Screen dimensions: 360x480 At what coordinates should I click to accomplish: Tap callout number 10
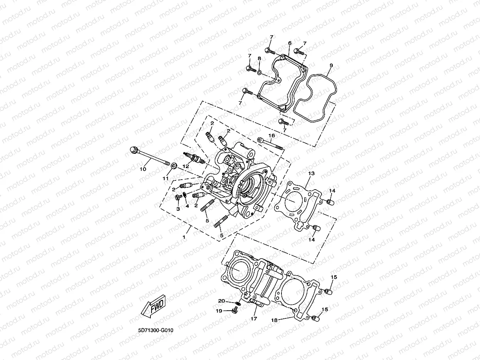click(x=143, y=169)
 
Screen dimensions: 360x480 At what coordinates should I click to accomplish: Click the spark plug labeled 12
click(x=195, y=158)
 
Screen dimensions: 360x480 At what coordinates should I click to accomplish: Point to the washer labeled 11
click(x=174, y=166)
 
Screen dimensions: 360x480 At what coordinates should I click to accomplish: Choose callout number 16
click(x=271, y=136)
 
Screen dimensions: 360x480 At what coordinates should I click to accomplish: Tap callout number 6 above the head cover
click(x=290, y=43)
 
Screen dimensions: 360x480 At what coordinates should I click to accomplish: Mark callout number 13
click(x=311, y=174)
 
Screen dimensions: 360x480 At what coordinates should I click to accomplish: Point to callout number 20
click(x=221, y=301)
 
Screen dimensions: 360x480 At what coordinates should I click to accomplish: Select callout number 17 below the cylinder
click(x=254, y=319)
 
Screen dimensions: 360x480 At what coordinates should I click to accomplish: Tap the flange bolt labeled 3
click(x=179, y=198)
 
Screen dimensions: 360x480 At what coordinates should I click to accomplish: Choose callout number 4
click(x=187, y=206)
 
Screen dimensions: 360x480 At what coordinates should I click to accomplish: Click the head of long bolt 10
click(x=134, y=150)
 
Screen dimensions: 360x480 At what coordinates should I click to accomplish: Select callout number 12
click(x=185, y=166)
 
